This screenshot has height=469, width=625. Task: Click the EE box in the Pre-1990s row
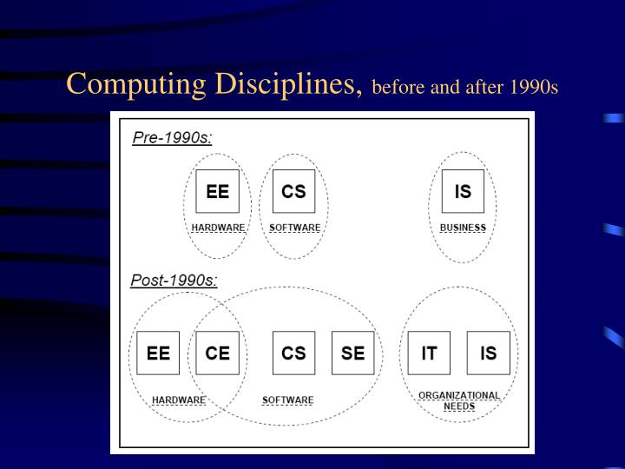coord(217,191)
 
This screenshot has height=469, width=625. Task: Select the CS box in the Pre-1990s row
coord(293,191)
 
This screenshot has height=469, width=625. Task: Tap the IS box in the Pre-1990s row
coord(463,191)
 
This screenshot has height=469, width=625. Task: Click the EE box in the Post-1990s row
coord(158,353)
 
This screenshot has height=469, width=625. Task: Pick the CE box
coord(217,353)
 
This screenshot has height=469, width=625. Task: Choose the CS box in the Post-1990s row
coord(293,353)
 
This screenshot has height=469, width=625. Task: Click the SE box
coord(352,353)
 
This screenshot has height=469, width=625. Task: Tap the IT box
coord(429,353)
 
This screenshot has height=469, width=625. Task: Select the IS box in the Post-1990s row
coord(488,353)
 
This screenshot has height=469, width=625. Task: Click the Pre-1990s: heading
coord(172,137)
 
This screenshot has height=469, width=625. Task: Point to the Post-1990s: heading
coord(174,280)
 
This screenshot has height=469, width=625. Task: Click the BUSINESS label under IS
coord(463,228)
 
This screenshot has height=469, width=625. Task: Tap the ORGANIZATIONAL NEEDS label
coord(458,400)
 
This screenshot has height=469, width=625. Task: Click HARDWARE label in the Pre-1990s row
coord(218,228)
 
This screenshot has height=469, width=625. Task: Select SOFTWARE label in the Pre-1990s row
coord(294,228)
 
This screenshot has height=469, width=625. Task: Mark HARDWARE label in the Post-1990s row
coord(178,400)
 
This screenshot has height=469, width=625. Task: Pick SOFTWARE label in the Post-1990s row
coord(287,400)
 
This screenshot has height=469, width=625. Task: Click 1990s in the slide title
coord(535,88)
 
